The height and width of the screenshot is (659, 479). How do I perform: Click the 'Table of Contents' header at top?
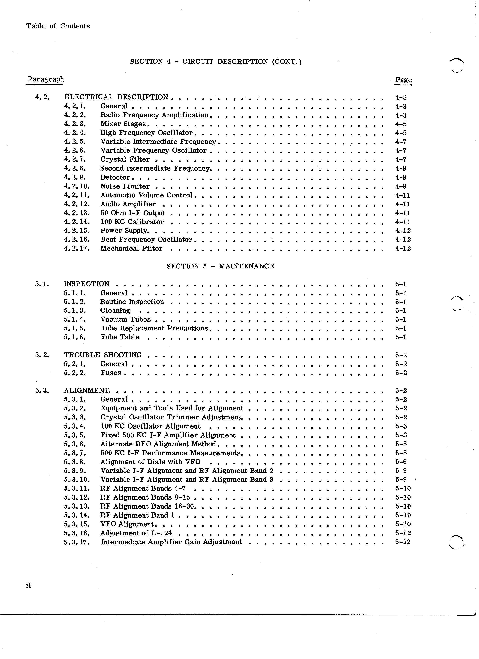[x=58, y=26]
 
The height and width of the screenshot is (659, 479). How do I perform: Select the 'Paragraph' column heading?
[x=46, y=79]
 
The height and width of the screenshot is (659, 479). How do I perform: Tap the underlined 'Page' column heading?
[x=403, y=80]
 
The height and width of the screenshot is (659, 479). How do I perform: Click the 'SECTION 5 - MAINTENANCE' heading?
[x=220, y=266]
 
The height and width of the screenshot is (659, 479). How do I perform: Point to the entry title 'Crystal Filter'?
[x=125, y=159]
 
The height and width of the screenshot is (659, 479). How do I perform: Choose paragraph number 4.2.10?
[x=77, y=186]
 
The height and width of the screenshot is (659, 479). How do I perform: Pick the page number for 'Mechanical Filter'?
[x=403, y=248]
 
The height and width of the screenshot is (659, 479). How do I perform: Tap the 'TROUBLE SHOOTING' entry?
[x=103, y=355]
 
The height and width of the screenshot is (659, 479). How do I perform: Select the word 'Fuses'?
[x=111, y=373]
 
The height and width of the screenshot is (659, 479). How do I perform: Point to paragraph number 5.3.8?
[x=75, y=462]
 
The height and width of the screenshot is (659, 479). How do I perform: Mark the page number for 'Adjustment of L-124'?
[x=403, y=533]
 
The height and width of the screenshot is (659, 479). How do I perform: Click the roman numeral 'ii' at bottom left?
[x=28, y=586]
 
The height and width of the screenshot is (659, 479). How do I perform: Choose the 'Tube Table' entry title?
[x=120, y=337]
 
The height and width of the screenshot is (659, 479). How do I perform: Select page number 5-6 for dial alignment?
[x=401, y=462]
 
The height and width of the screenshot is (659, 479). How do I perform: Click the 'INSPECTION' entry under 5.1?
[x=87, y=284]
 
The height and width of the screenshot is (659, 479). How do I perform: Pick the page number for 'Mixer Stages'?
[x=401, y=124]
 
